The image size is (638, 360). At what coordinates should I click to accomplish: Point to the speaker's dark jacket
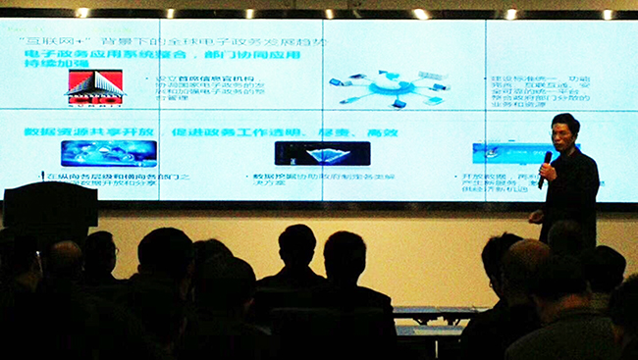[573, 196]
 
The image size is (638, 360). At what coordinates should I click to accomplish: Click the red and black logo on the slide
[95, 87]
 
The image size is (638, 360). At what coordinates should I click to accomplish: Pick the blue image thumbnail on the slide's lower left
[108, 152]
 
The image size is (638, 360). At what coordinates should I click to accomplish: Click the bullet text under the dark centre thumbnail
[294, 179]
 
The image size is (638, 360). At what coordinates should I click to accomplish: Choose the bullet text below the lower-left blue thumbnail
[108, 180]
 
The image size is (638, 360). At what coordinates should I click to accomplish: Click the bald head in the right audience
[527, 263]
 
